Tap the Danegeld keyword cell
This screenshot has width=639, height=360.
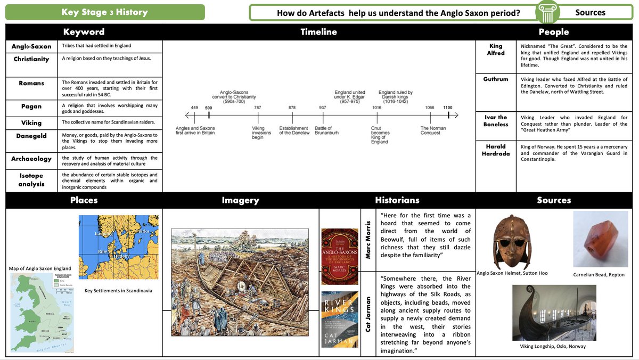[x=31, y=136]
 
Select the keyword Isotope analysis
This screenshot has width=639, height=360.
[x=31, y=180]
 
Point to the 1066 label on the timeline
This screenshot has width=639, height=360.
[x=429, y=108]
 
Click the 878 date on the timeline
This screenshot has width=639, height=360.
[x=292, y=108]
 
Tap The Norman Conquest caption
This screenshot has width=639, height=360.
[x=433, y=130]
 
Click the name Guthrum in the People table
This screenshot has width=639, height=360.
[x=495, y=79]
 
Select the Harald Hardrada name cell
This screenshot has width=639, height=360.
[x=495, y=150]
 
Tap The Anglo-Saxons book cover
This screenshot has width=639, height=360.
[x=340, y=257]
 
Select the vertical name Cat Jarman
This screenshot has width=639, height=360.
[x=368, y=315]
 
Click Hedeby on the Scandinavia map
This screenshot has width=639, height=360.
[x=122, y=256]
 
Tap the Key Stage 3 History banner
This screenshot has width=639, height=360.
[x=105, y=12]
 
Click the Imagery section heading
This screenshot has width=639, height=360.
[x=240, y=200]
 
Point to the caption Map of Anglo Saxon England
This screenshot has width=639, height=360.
[x=40, y=268]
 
